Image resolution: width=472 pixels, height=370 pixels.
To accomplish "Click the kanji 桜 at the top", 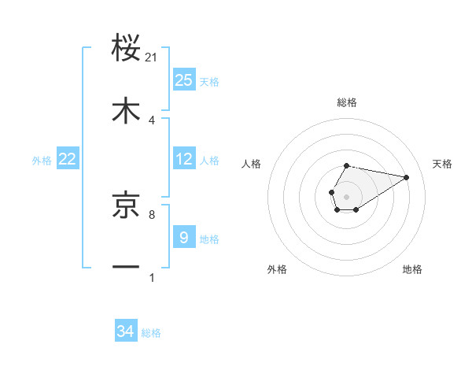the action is (127, 48).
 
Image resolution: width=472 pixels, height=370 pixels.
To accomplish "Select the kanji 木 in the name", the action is (127, 110).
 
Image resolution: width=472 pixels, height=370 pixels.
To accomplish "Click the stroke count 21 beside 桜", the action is (152, 57).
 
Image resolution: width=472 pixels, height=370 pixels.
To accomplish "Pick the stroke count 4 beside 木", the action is (152, 120).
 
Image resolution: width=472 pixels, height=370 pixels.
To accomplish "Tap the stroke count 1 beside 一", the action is (152, 277).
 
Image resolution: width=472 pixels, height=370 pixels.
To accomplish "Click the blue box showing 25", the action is (184, 80).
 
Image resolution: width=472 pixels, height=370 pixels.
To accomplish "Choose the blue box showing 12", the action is (184, 159).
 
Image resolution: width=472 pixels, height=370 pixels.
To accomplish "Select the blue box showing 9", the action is (184, 237).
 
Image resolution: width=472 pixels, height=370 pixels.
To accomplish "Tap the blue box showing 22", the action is (68, 159).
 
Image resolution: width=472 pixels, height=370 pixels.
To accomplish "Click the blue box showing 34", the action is (126, 331).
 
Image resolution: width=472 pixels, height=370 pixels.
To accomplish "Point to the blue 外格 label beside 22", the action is (42, 161).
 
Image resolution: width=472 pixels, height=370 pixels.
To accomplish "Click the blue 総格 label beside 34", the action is (151, 333).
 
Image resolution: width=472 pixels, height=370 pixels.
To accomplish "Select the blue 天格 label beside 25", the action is (209, 82).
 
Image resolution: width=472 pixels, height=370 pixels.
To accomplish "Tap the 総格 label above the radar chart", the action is (346, 103).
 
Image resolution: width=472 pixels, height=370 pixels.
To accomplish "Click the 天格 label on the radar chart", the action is (442, 164).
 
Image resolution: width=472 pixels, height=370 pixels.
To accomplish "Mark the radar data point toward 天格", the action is (407, 177).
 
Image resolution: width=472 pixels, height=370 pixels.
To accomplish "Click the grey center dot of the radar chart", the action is (346, 195).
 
